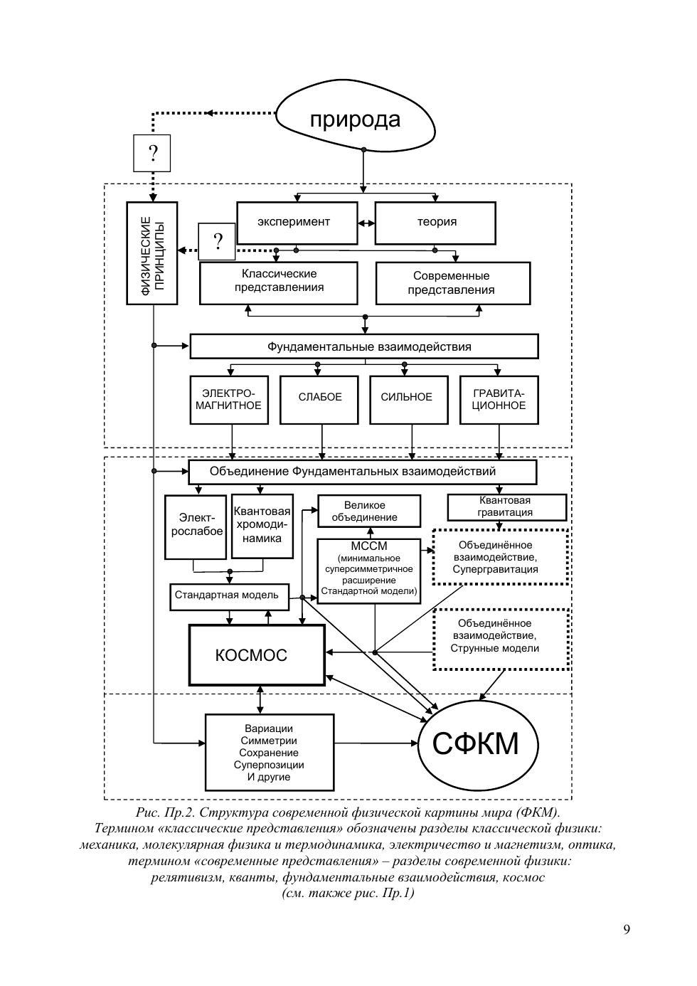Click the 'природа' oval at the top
[x=355, y=119]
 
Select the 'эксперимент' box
[x=297, y=223]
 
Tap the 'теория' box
[x=435, y=223]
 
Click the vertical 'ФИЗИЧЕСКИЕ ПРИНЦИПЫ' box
[x=151, y=253]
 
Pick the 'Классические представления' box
[x=279, y=283]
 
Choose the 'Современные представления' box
[x=453, y=283]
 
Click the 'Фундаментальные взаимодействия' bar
[x=364, y=346]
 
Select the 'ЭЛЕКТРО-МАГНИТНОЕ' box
[x=229, y=400]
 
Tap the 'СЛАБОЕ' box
[x=319, y=400]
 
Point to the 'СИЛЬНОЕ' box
[x=409, y=400]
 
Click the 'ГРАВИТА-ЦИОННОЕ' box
[x=499, y=400]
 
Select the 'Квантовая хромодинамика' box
[x=262, y=526]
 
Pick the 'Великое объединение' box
[x=368, y=511]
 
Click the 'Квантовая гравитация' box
[x=506, y=507]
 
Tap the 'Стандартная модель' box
[x=229, y=597]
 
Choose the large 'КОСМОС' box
[x=257, y=655]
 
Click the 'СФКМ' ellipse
[x=477, y=744]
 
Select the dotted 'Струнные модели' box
[x=501, y=639]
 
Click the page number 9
[x=627, y=930]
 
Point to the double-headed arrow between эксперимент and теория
[x=366, y=223]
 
